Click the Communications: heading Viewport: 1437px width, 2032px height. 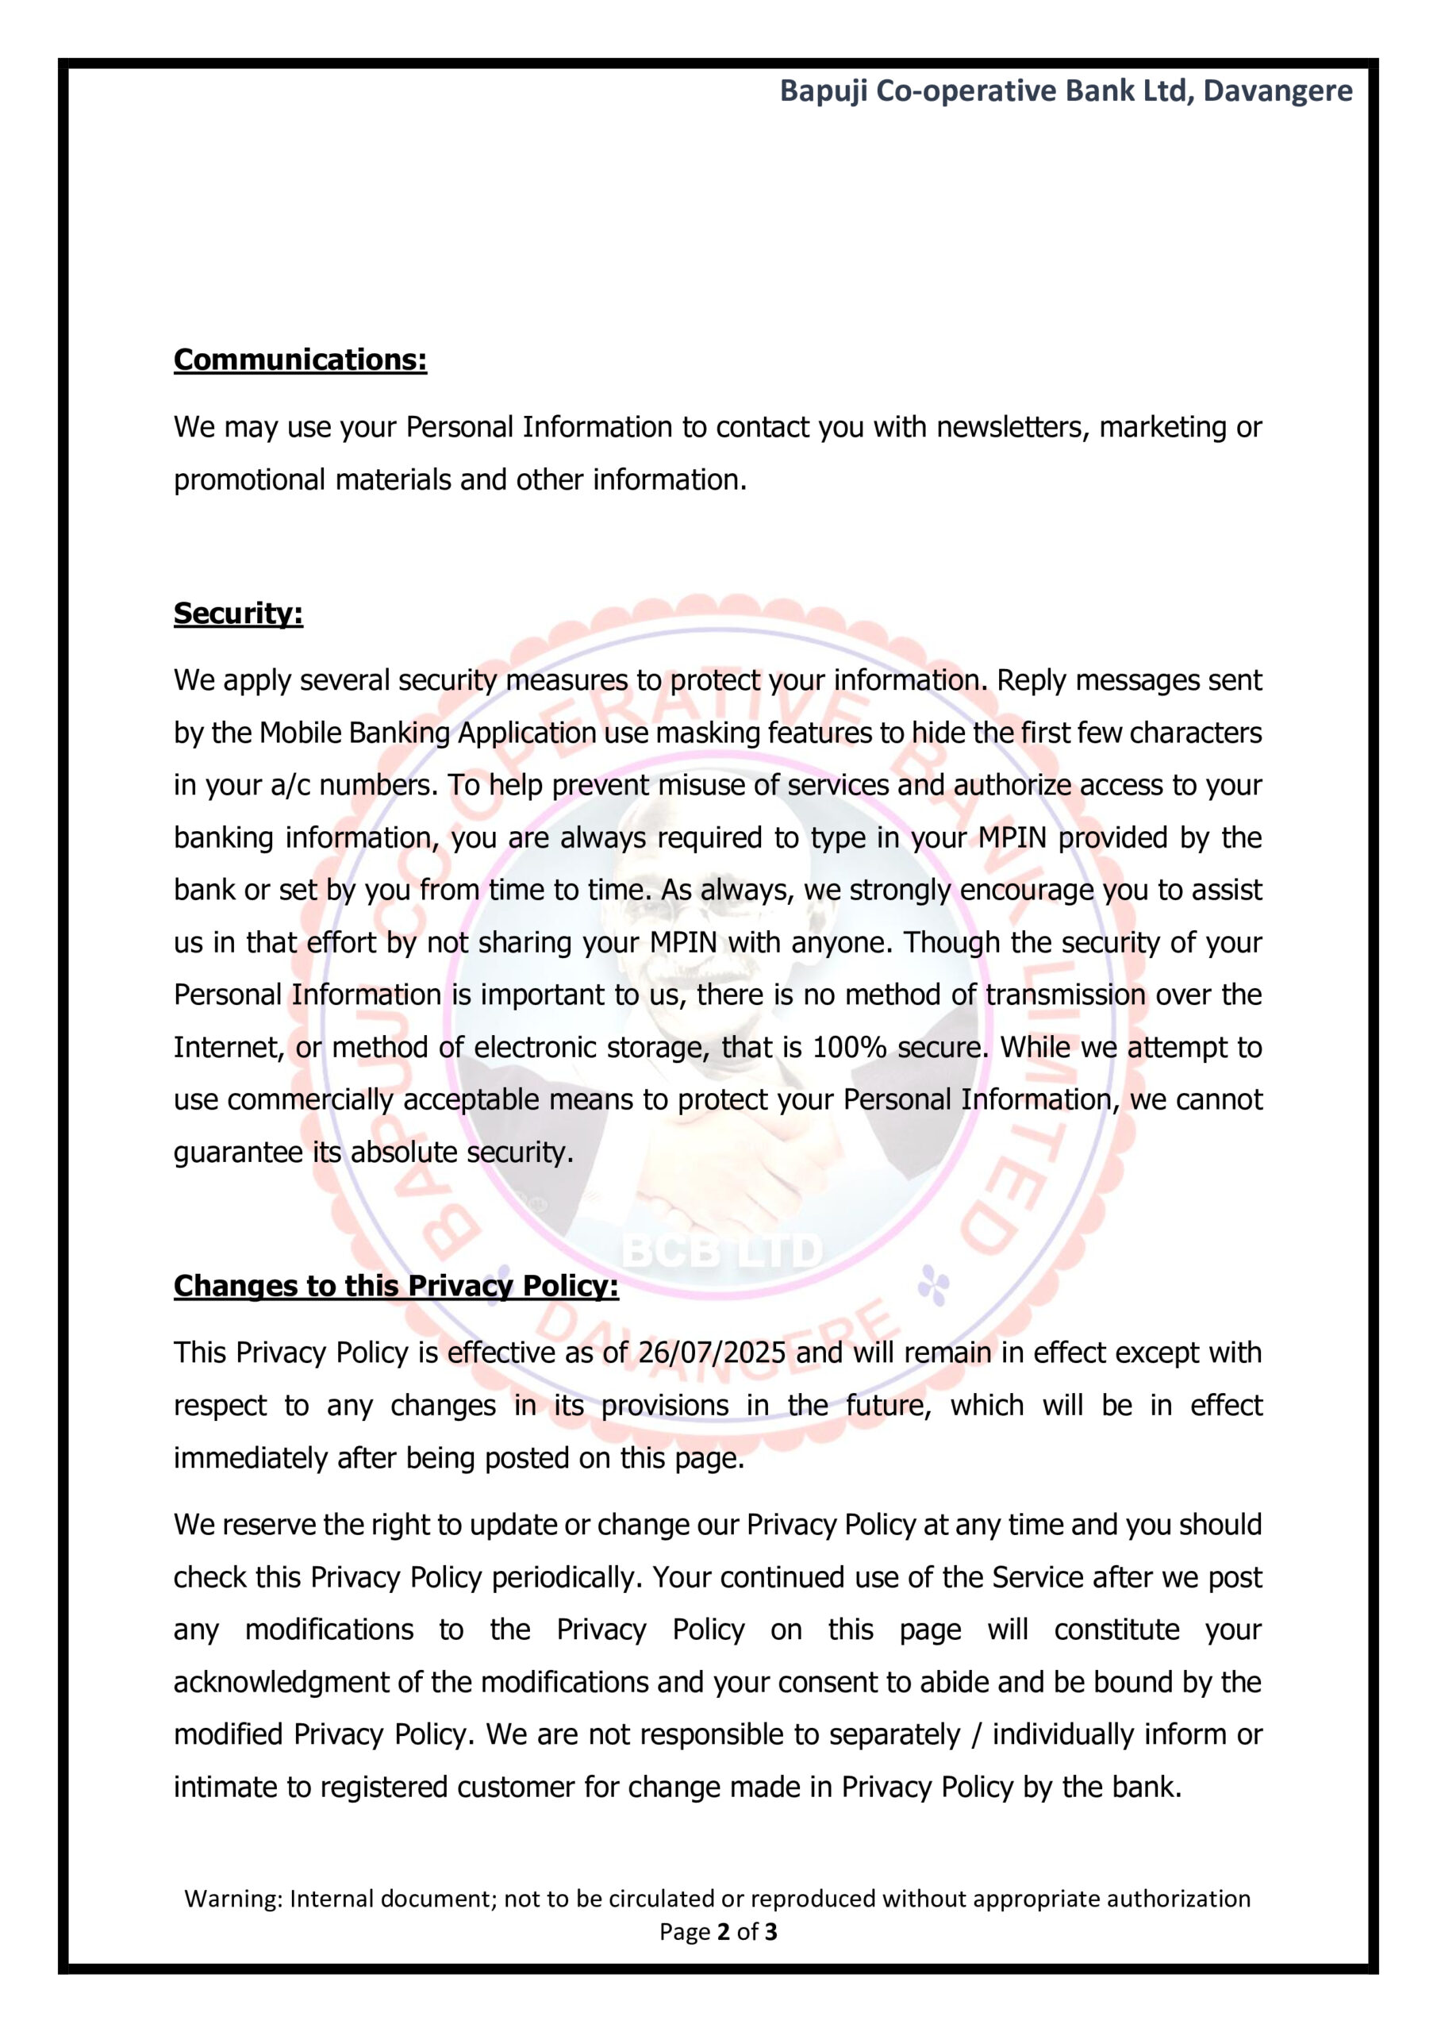[300, 360]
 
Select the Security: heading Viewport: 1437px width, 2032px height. [238, 613]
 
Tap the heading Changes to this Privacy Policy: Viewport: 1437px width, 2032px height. [395, 1285]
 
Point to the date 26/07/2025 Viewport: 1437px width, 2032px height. [712, 1353]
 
